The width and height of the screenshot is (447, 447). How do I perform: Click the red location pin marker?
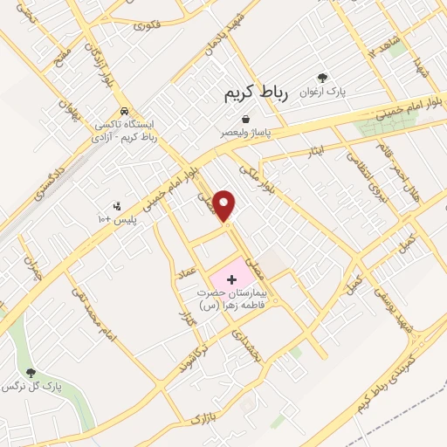click(x=226, y=205)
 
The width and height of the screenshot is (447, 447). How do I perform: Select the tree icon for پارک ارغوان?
click(x=323, y=78)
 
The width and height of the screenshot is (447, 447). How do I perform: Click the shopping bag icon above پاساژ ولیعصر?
click(x=247, y=120)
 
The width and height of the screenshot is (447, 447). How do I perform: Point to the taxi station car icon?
click(x=127, y=112)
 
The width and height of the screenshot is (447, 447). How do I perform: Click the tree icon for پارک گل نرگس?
click(x=31, y=374)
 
